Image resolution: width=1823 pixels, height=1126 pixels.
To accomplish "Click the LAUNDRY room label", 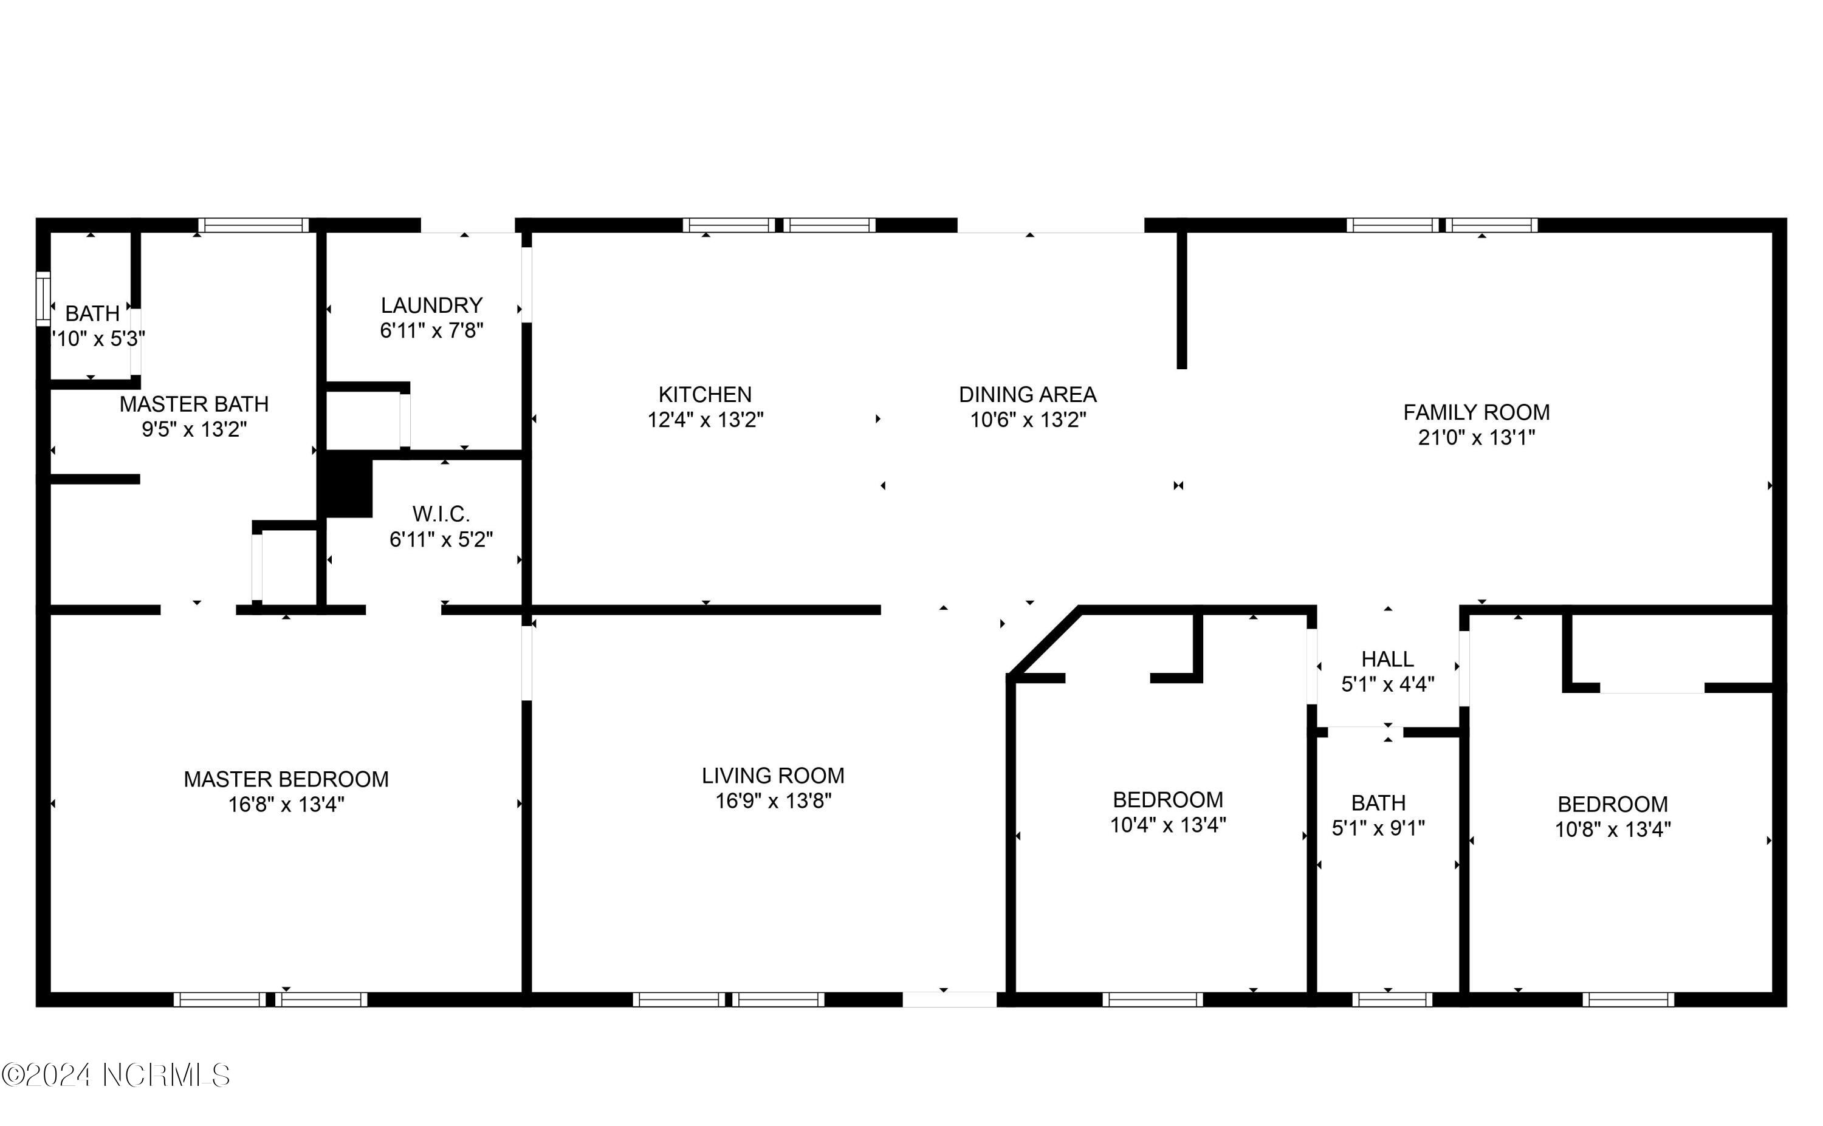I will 431,305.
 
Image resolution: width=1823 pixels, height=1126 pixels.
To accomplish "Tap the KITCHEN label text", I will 705,394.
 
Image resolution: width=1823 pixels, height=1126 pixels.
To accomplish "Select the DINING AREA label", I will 1028,394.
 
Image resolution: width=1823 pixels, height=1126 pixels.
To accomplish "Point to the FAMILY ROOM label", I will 1476,412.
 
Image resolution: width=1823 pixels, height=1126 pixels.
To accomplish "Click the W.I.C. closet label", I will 441,514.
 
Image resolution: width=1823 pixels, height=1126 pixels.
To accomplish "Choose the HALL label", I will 1387,659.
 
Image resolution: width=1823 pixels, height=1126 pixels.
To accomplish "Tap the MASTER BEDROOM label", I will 286,779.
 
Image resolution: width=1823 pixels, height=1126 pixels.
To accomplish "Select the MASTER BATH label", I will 194,404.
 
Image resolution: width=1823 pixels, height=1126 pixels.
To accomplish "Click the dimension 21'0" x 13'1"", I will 1476,437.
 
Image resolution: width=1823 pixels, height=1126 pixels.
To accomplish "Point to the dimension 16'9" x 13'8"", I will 772,800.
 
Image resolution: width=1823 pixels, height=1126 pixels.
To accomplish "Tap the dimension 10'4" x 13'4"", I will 1167,824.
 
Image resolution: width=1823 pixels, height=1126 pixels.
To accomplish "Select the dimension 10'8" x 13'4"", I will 1612,829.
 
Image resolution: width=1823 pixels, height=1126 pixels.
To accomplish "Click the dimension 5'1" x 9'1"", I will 1378,827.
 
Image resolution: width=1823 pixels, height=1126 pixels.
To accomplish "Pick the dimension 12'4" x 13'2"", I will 705,420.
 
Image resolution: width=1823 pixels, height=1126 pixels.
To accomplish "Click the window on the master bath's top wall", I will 253,225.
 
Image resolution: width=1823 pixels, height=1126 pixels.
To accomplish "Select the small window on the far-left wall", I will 43,299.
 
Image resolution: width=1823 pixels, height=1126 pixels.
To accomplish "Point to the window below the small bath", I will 1392,1000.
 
